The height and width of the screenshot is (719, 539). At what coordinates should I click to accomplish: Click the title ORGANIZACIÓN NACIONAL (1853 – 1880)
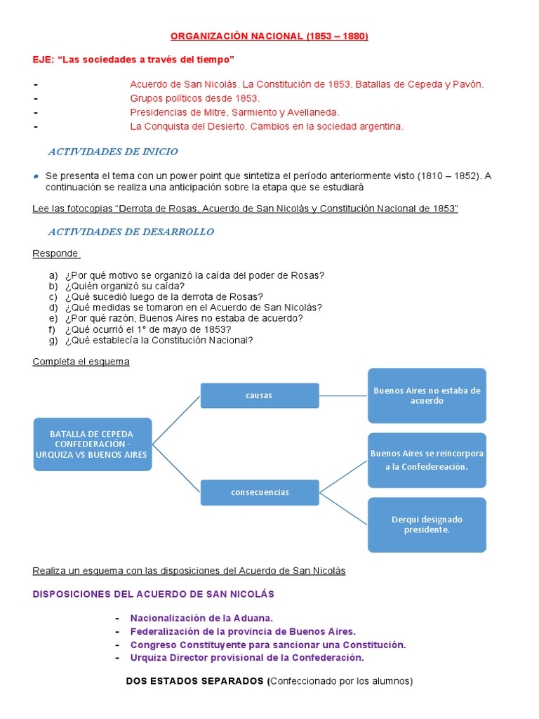(270, 37)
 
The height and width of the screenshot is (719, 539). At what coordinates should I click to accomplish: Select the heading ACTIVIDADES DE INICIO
(112, 152)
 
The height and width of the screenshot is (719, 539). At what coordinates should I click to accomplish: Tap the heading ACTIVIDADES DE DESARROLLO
(131, 232)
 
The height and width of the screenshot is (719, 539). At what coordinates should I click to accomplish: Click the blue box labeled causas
(260, 395)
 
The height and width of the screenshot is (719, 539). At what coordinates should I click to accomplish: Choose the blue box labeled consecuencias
(260, 492)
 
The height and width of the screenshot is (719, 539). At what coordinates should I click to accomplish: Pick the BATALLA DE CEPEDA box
(92, 444)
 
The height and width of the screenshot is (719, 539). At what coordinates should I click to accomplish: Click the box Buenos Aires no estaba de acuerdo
(427, 395)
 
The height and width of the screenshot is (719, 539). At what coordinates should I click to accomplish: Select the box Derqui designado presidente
(427, 525)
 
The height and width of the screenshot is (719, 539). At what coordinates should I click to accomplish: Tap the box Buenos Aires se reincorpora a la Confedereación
(427, 460)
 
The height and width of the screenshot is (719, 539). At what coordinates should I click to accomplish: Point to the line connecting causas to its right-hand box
(343, 395)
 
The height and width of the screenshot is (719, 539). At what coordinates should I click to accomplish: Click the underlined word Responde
(55, 253)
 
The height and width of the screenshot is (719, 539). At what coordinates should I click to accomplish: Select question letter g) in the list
(53, 341)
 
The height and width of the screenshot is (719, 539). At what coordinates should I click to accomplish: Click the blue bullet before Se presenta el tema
(36, 176)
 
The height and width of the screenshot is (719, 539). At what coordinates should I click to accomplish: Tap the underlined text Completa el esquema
(81, 362)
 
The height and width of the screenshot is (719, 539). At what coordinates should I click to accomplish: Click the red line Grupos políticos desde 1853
(195, 98)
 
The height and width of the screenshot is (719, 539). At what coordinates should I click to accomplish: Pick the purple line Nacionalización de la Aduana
(201, 618)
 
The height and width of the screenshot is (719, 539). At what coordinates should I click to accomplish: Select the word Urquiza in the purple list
(148, 658)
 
